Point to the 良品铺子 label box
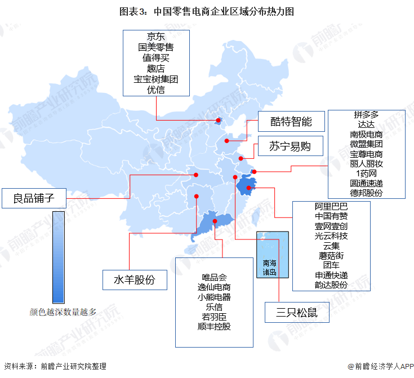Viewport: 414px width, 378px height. [34, 198]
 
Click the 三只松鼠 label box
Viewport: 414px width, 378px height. [297, 312]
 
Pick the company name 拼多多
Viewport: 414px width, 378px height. [366, 114]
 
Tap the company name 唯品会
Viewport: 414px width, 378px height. [214, 277]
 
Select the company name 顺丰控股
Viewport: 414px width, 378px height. [214, 326]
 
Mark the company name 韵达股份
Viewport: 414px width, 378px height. [331, 285]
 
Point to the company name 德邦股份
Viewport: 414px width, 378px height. [366, 193]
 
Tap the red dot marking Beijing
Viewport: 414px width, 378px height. [219, 120]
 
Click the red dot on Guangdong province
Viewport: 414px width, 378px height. [216, 223]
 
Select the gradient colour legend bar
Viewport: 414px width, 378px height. [58, 257]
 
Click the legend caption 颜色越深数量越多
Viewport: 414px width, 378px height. [63, 311]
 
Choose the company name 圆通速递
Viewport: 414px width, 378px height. [366, 183]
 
